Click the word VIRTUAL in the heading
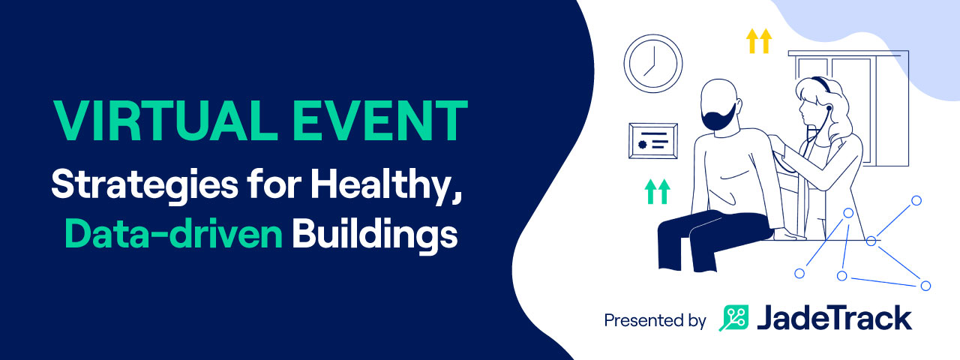tap(166, 121)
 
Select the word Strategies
tap(145, 185)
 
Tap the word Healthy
tap(385, 185)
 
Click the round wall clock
tap(653, 64)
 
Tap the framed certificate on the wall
tap(653, 141)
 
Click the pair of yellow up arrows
tap(759, 40)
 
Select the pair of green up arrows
tap(658, 191)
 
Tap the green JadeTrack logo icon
tap(733, 318)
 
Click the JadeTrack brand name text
tap(834, 317)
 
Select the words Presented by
tap(655, 320)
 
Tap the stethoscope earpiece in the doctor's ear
tap(829, 107)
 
